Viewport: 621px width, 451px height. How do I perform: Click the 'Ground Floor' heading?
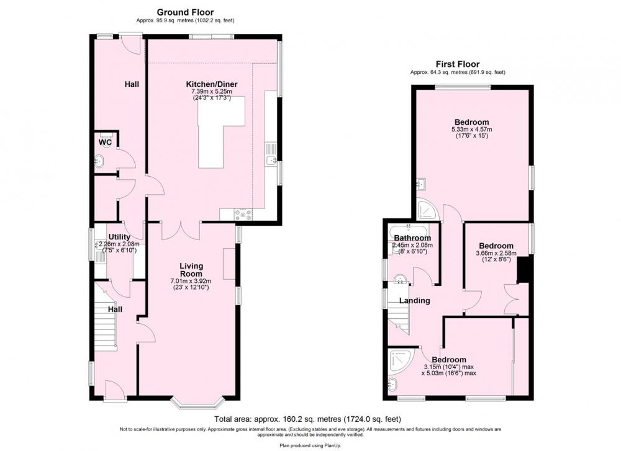point(185,12)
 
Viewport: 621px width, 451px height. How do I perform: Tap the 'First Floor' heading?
point(458,64)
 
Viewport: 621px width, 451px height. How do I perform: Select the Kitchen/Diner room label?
point(212,84)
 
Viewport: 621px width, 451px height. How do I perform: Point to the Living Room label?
point(191,270)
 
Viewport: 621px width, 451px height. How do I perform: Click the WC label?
point(106,143)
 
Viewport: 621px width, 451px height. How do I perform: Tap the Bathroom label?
point(412,238)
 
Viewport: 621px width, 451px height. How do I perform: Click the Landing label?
point(414,301)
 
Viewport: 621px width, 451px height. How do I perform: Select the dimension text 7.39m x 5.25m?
point(212,91)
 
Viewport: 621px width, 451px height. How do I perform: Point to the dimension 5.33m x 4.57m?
point(472,130)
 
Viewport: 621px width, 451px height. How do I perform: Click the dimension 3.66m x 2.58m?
point(496,253)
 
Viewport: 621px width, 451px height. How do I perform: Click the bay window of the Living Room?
point(198,401)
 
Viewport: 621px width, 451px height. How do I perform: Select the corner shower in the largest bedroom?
point(428,209)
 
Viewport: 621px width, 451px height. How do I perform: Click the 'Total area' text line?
point(308,419)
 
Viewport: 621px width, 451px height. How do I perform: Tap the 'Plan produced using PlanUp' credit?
point(310,445)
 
